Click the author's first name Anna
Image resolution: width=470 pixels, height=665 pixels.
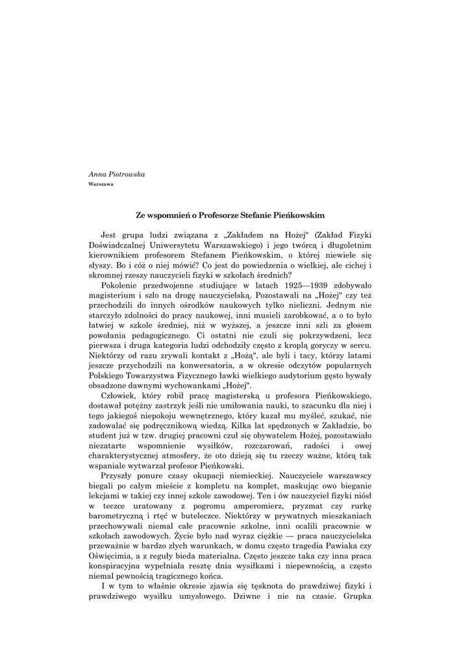(96, 175)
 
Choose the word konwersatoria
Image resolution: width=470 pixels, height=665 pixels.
(222, 368)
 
